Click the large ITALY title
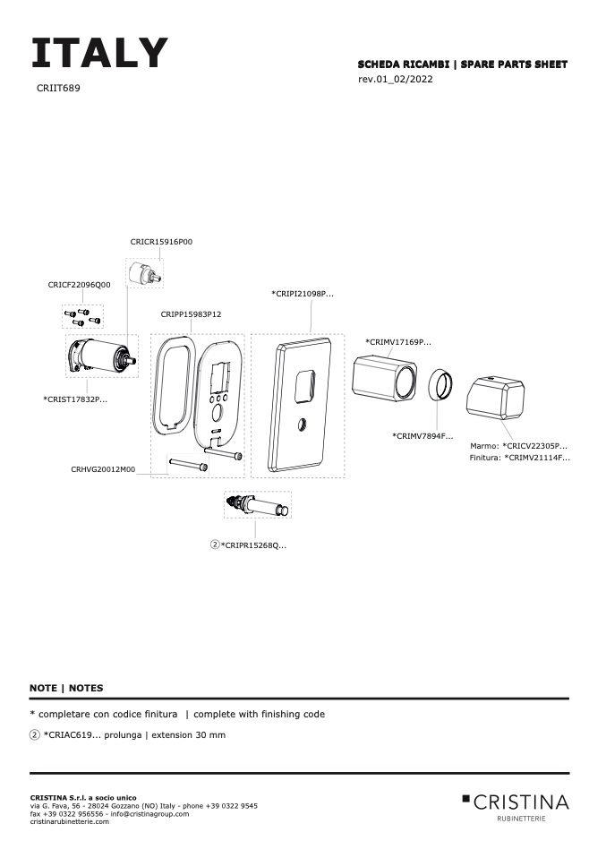(x=98, y=54)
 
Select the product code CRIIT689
(x=58, y=89)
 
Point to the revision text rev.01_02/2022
(x=396, y=80)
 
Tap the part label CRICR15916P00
(x=161, y=242)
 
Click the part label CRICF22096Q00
(x=79, y=285)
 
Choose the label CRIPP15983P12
(x=191, y=314)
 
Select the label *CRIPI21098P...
(x=302, y=293)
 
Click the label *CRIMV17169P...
(x=397, y=342)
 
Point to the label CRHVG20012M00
(x=103, y=468)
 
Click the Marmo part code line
(x=518, y=445)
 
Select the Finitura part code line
(x=519, y=458)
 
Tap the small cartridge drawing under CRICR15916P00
(x=145, y=274)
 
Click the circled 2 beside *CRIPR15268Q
(x=215, y=545)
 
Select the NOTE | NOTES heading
(x=66, y=689)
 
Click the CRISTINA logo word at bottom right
(x=520, y=801)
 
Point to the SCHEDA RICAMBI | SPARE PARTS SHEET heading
(x=462, y=64)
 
